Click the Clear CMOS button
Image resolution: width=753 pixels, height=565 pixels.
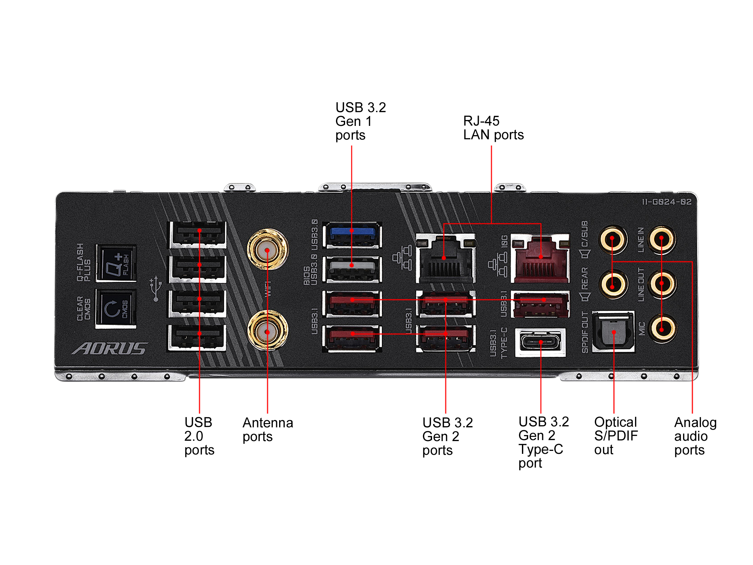pyautogui.click(x=116, y=309)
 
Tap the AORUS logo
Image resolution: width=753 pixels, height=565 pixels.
pyautogui.click(x=109, y=349)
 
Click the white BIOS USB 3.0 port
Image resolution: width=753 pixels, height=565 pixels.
pyautogui.click(x=352, y=269)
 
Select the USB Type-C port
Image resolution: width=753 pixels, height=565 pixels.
pyautogui.click(x=540, y=342)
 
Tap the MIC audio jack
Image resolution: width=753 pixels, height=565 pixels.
pyautogui.click(x=662, y=329)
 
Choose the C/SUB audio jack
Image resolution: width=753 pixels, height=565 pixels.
pyautogui.click(x=612, y=239)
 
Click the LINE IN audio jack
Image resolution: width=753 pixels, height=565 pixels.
pyautogui.click(x=662, y=239)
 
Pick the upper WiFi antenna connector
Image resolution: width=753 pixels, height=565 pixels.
pyautogui.click(x=267, y=249)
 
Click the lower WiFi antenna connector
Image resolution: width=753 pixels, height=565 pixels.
pyautogui.click(x=267, y=331)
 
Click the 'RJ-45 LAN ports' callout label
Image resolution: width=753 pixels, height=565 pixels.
pyautogui.click(x=493, y=128)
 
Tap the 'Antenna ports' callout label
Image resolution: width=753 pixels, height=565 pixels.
pyautogui.click(x=268, y=429)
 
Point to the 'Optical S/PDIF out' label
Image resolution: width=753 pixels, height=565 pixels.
pyautogui.click(x=615, y=436)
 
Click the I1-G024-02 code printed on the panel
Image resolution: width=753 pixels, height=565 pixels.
pyautogui.click(x=666, y=202)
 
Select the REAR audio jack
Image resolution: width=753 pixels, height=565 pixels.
pyautogui.click(x=612, y=284)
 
